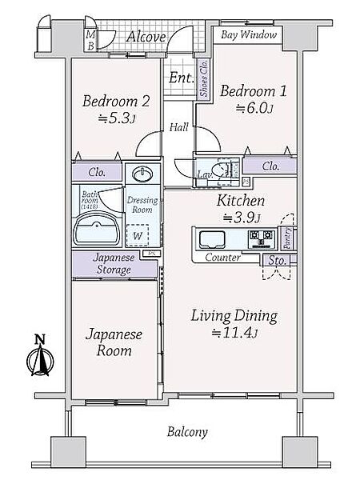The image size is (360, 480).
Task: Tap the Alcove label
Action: pos(146,37)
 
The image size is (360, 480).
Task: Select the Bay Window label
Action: pos(248,36)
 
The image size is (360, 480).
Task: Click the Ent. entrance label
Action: pos(179,78)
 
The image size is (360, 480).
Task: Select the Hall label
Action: pos(178,127)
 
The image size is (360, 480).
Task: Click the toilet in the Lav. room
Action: pos(226,169)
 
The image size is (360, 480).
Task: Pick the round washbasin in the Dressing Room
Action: pos(143,174)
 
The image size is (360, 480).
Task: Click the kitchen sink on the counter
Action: pos(214,238)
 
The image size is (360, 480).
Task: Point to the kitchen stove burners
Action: pos(261,237)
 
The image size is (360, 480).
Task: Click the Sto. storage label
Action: pos(277,260)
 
